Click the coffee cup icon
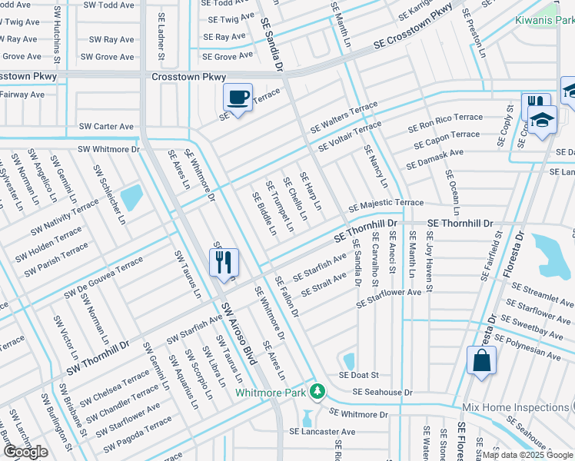(238, 98)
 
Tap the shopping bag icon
(481, 360)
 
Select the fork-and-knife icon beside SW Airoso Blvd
(224, 263)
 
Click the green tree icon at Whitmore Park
(317, 391)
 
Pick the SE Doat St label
(360, 375)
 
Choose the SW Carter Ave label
(106, 126)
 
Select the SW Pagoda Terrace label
(138, 434)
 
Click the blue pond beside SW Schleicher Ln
(131, 197)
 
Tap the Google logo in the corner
(25, 452)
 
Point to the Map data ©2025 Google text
(527, 455)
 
